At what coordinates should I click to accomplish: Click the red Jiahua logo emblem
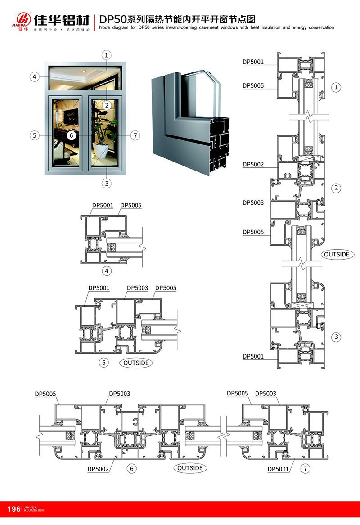[22, 19]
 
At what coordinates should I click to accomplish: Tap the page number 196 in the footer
[14, 509]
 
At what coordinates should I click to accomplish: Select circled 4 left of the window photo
[34, 77]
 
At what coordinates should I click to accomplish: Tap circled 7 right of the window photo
[134, 135]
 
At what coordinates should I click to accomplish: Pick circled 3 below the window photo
[107, 183]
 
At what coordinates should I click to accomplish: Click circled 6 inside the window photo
[71, 135]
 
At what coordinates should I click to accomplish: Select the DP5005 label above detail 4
[131, 206]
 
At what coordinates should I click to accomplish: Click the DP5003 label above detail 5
[137, 288]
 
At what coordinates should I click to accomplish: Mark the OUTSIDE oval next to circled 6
[190, 468]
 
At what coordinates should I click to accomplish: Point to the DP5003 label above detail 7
[265, 394]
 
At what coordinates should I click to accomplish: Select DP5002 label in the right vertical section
[253, 165]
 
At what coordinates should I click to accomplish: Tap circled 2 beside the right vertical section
[336, 188]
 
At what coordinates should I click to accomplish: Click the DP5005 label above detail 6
[45, 394]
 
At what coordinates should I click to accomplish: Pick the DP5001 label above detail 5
[99, 288]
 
